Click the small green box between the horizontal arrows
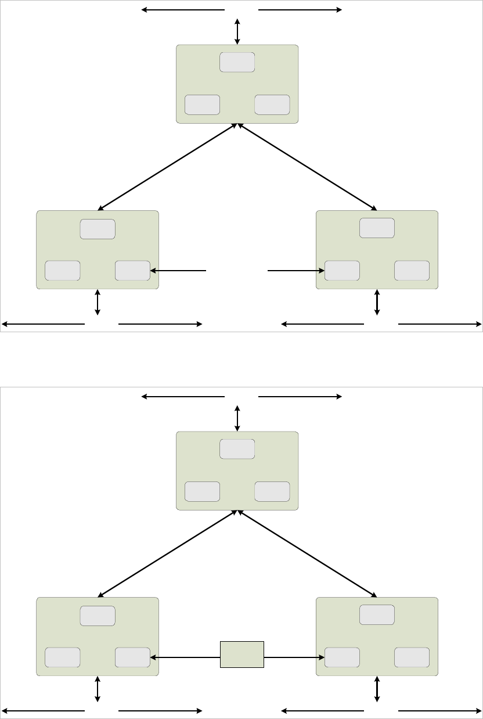[x=241, y=655]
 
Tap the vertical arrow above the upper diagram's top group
[x=237, y=31]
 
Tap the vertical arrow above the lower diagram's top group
[x=237, y=418]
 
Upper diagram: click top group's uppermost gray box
[x=237, y=62]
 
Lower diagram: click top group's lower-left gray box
[x=202, y=491]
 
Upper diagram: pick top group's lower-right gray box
[x=272, y=105]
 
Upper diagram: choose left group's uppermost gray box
[x=98, y=229]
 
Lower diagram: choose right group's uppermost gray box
[x=377, y=614]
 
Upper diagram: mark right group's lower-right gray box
[x=412, y=271]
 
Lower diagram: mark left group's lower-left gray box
[x=63, y=657]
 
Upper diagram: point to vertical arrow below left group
[x=98, y=303]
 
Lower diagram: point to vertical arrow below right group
[x=377, y=689]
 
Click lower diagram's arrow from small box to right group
[x=294, y=657]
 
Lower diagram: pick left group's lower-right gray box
[x=132, y=657]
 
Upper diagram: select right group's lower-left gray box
[x=342, y=271]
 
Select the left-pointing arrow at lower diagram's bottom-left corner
[x=44, y=710]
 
